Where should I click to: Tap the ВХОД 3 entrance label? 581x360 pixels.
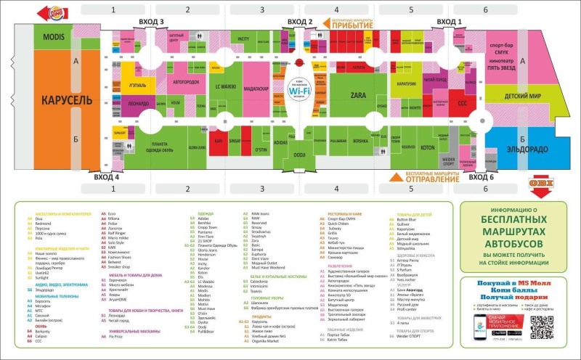pos(151,22)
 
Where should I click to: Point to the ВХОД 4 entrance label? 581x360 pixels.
pos(106,176)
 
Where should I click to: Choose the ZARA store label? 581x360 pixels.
pos(357,94)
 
